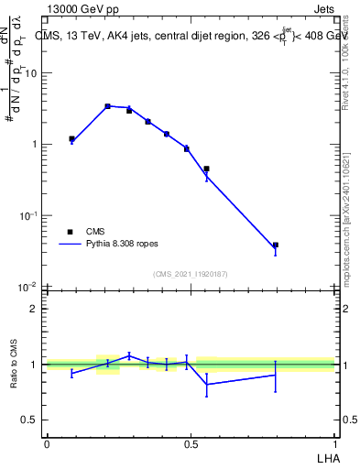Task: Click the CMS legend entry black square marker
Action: click(x=70, y=232)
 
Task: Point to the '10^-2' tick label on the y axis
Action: click(x=30, y=287)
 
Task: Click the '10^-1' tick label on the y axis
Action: click(x=30, y=215)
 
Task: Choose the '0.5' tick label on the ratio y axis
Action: click(x=30, y=420)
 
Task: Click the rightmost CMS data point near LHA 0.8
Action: click(x=275, y=245)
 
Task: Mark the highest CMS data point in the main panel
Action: click(x=107, y=106)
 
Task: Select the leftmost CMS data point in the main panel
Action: click(x=71, y=139)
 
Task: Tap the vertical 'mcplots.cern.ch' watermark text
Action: click(x=349, y=220)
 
